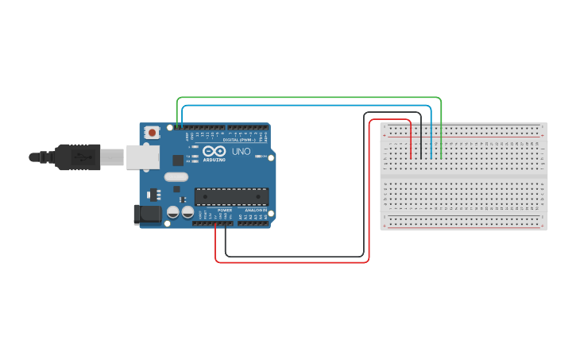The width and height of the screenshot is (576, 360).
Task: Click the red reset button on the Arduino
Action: [152, 132]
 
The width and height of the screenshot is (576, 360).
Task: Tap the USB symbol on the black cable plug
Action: [80, 157]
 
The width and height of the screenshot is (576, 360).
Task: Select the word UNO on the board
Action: [241, 151]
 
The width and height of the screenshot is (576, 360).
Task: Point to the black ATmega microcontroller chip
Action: [231, 196]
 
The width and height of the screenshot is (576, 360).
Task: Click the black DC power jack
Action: [148, 213]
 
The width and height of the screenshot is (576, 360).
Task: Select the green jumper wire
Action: [310, 98]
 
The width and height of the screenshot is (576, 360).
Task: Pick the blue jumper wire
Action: [310, 105]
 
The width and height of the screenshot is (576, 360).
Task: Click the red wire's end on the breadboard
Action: [411, 157]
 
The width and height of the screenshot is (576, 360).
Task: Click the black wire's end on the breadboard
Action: [421, 157]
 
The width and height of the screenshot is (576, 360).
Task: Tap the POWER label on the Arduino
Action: [224, 210]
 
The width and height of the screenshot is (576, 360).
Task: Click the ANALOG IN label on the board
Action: [255, 210]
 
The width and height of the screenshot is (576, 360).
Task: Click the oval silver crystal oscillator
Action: [176, 177]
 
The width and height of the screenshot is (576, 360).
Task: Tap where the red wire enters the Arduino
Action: [216, 223]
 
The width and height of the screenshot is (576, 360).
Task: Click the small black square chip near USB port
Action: [178, 160]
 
